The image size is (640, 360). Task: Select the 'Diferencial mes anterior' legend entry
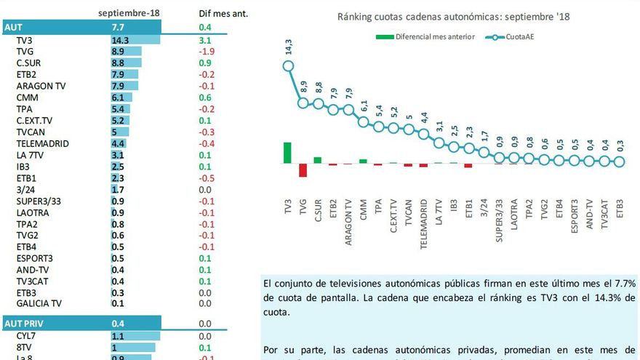coord(425,36)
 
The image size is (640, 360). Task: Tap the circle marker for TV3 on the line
coord(288,66)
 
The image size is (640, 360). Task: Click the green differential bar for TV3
coord(288,153)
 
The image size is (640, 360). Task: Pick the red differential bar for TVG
coord(303,170)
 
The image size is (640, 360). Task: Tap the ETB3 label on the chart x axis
coord(620,209)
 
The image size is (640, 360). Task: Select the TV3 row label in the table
coord(25,41)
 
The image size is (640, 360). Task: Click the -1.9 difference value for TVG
coord(207,52)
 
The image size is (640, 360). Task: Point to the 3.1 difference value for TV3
coord(204,41)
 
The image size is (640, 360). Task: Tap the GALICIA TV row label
coord(39,303)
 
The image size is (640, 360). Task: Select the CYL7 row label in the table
coord(26,336)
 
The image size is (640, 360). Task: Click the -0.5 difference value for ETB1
coord(207,177)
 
